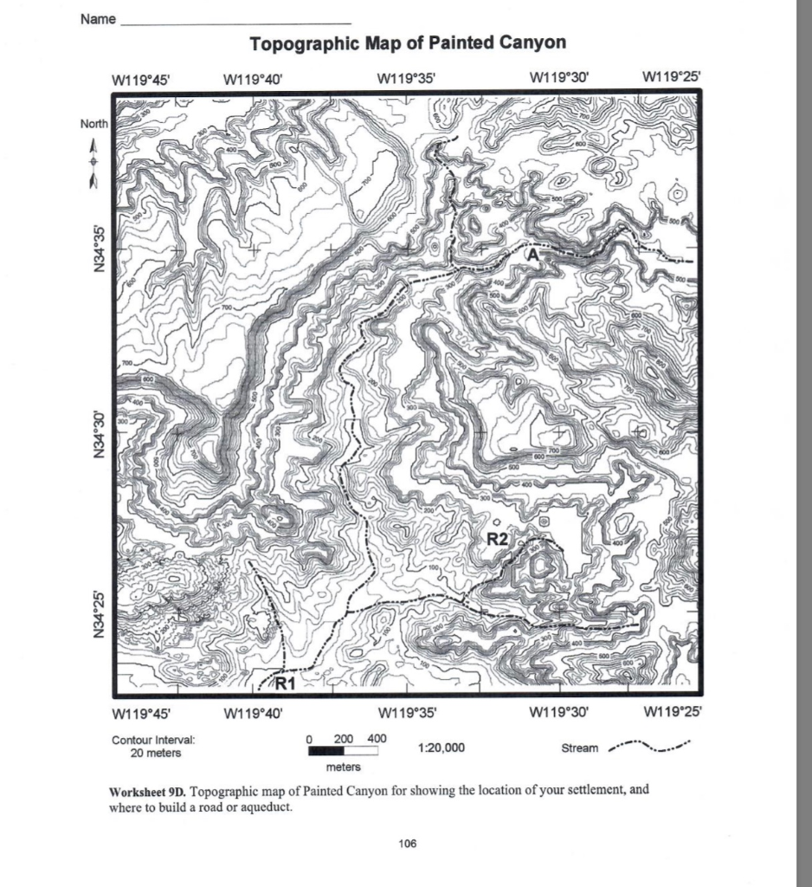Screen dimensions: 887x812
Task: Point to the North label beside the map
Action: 94,124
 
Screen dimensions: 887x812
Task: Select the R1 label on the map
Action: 286,682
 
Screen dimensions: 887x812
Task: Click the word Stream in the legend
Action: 579,748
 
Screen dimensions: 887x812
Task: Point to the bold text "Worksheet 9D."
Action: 148,792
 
